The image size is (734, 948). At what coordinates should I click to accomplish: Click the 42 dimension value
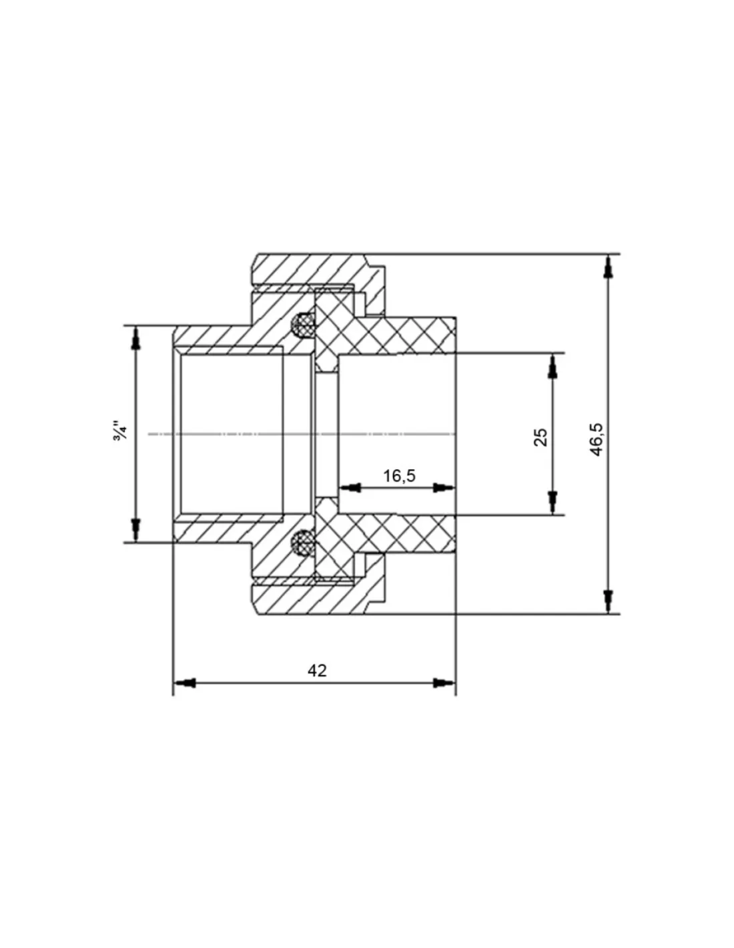(x=316, y=671)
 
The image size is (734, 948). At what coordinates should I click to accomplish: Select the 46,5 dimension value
(x=597, y=440)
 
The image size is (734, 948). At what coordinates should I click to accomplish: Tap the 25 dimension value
(x=541, y=437)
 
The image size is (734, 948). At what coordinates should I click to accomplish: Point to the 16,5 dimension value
(x=399, y=476)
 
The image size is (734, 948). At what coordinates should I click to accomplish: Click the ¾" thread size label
(x=120, y=431)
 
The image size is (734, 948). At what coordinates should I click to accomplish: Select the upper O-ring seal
(x=302, y=325)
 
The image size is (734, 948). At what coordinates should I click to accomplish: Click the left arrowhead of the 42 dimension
(x=185, y=683)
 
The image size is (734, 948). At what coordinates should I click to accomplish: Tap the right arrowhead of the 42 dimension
(x=444, y=683)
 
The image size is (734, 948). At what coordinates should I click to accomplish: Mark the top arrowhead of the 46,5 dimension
(x=609, y=267)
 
